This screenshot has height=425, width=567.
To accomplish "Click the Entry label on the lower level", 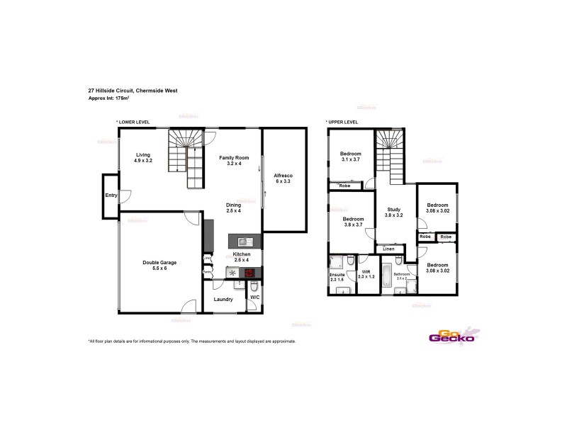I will tap(111, 195).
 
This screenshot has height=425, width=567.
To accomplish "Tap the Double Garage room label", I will tap(159, 265).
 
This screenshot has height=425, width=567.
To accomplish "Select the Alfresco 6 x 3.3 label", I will tap(283, 178).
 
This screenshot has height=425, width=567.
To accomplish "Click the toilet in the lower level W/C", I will tap(254, 285).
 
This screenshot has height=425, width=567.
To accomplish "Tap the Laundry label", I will tap(223, 299).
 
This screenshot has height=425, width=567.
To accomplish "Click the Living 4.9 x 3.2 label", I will tap(144, 157).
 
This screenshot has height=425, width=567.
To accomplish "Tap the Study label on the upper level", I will tap(394, 212).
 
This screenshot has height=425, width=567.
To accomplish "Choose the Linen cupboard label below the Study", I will tap(388, 249).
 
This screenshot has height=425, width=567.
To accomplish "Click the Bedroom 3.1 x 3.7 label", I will tap(351, 157).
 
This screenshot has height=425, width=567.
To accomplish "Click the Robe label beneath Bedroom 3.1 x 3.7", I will tap(344, 186).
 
